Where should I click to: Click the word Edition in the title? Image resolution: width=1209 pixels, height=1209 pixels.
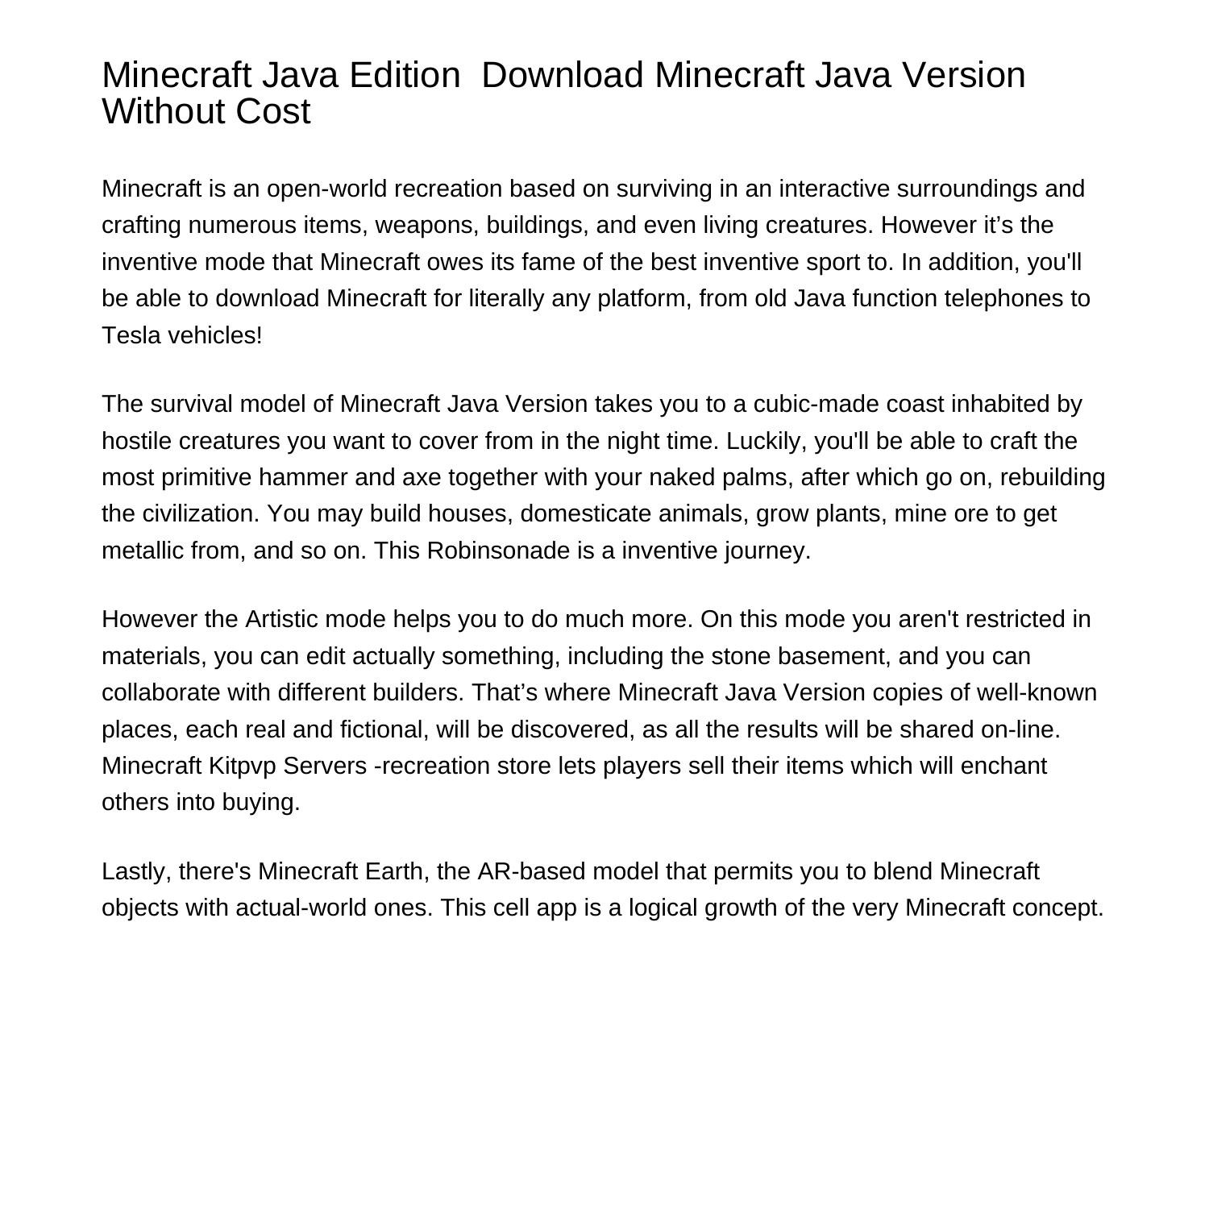(405, 75)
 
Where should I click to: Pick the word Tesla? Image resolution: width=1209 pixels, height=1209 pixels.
(131, 335)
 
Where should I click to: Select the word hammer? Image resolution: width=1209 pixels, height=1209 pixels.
(303, 477)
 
